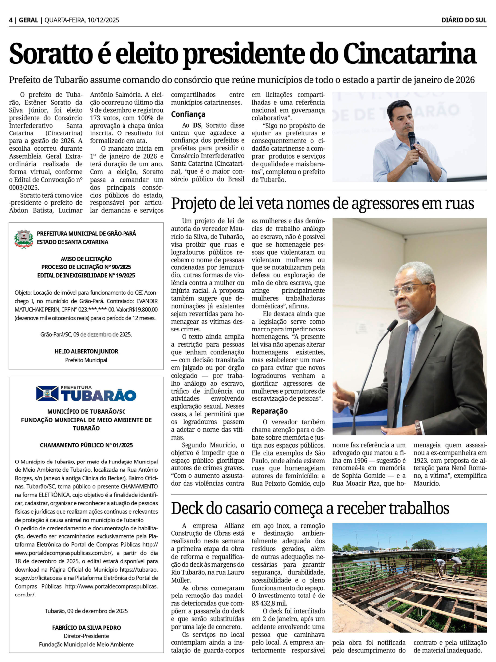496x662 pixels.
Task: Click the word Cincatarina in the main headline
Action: tap(409, 54)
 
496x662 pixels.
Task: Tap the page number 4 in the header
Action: tap(11, 20)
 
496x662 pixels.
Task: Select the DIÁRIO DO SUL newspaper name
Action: tap(464, 20)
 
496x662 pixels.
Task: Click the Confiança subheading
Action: tap(188, 114)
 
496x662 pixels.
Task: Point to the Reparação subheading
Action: tap(269, 411)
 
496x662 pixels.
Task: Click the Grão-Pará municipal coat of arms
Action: tap(24, 239)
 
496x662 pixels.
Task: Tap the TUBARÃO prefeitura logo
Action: tap(86, 394)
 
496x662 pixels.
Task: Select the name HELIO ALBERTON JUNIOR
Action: tap(86, 351)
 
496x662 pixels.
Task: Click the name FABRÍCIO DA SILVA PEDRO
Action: tap(86, 628)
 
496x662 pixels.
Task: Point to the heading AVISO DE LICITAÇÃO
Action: tap(86, 259)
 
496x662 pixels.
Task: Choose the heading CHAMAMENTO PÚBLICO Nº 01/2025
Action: tap(86, 445)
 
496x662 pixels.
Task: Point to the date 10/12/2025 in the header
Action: tap(103, 20)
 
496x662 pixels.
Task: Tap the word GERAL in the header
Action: tap(28, 20)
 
